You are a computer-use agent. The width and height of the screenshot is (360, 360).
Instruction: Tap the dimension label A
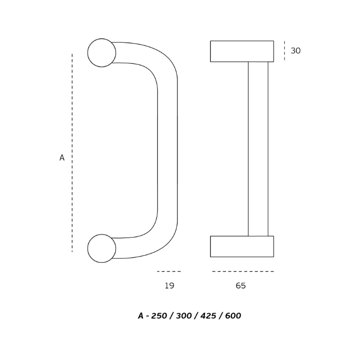coord(62,158)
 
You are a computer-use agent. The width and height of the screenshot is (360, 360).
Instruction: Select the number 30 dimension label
coord(296,51)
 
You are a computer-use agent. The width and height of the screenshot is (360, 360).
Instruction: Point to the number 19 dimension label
coord(169,285)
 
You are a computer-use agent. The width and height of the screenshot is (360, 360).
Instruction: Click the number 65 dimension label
coord(241,285)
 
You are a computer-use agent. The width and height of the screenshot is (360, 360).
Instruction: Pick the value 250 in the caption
coord(159,316)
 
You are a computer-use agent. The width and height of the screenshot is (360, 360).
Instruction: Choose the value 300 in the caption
coord(184,316)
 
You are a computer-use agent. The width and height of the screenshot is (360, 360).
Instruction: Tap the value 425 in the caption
coord(208,316)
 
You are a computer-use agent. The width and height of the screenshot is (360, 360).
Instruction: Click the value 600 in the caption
coord(233,316)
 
